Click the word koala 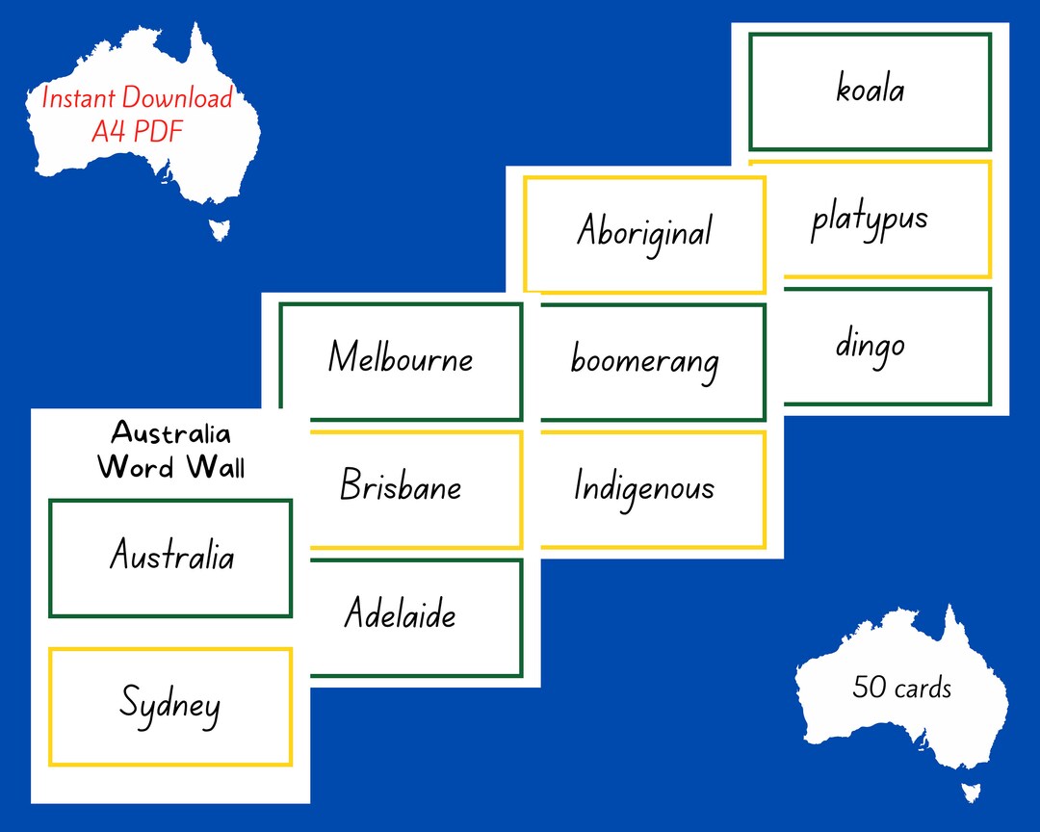coord(870,91)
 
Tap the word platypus coord(869,220)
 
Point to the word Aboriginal coord(644,232)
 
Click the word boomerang coord(644,361)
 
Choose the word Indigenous coord(644,487)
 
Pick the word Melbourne coord(401,358)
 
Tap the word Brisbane coord(401,486)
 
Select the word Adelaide coord(401,614)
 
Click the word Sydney coord(170,704)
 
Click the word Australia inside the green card coord(170,556)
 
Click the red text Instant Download coord(137,98)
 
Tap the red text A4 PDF coord(137,131)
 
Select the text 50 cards coord(901,688)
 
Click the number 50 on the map coord(870,688)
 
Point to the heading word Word coord(136,467)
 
